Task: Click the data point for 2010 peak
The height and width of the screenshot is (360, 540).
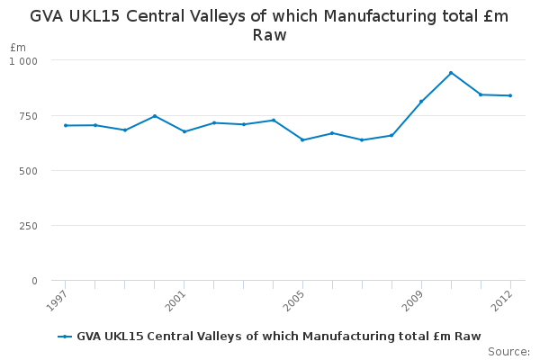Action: tap(451, 73)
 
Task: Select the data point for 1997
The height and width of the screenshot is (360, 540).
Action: tap(66, 125)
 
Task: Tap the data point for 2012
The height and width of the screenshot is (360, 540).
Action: tap(510, 95)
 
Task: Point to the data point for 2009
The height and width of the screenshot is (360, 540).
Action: tap(421, 102)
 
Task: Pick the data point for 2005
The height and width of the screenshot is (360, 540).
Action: tap(302, 139)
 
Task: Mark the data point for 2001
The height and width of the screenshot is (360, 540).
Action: tap(184, 131)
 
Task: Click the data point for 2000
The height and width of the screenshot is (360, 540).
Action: tap(155, 116)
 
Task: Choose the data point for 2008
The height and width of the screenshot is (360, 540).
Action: tap(391, 135)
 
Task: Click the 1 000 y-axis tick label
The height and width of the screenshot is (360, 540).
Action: tap(23, 61)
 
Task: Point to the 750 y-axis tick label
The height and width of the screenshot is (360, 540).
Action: tap(28, 116)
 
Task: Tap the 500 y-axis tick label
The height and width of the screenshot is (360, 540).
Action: tap(28, 171)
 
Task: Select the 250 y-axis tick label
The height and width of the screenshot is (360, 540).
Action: tap(28, 226)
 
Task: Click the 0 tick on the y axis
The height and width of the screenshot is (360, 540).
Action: tap(34, 281)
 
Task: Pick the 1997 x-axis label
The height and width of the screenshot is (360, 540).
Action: tap(56, 301)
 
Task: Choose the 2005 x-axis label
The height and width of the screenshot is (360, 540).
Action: tap(293, 301)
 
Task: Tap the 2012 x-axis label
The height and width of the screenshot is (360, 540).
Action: tap(501, 301)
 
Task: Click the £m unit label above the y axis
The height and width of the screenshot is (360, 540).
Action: tap(18, 48)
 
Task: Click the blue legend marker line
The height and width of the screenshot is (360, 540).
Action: tap(65, 337)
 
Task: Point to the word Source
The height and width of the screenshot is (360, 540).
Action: tap(508, 352)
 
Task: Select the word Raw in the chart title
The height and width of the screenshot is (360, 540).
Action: tap(269, 35)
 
